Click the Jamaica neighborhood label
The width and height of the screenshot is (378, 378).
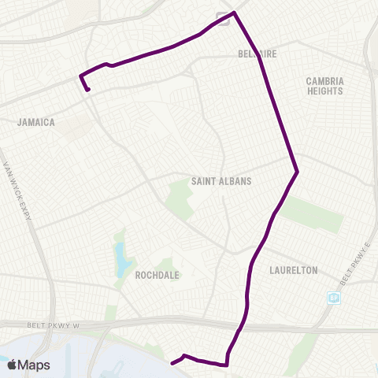36,122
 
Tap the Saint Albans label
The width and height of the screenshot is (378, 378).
221,181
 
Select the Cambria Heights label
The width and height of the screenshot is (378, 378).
324,86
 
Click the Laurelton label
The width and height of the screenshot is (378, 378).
293,270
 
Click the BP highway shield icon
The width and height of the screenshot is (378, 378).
334,298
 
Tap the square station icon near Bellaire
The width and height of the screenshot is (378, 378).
224,21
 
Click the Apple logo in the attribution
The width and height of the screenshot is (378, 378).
12,365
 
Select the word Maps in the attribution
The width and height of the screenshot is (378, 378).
35,365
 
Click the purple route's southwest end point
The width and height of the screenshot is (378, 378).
172,363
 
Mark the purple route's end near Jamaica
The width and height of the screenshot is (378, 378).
88,90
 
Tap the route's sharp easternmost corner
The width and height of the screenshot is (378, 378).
297,172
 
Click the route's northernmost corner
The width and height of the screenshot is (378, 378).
235,13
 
